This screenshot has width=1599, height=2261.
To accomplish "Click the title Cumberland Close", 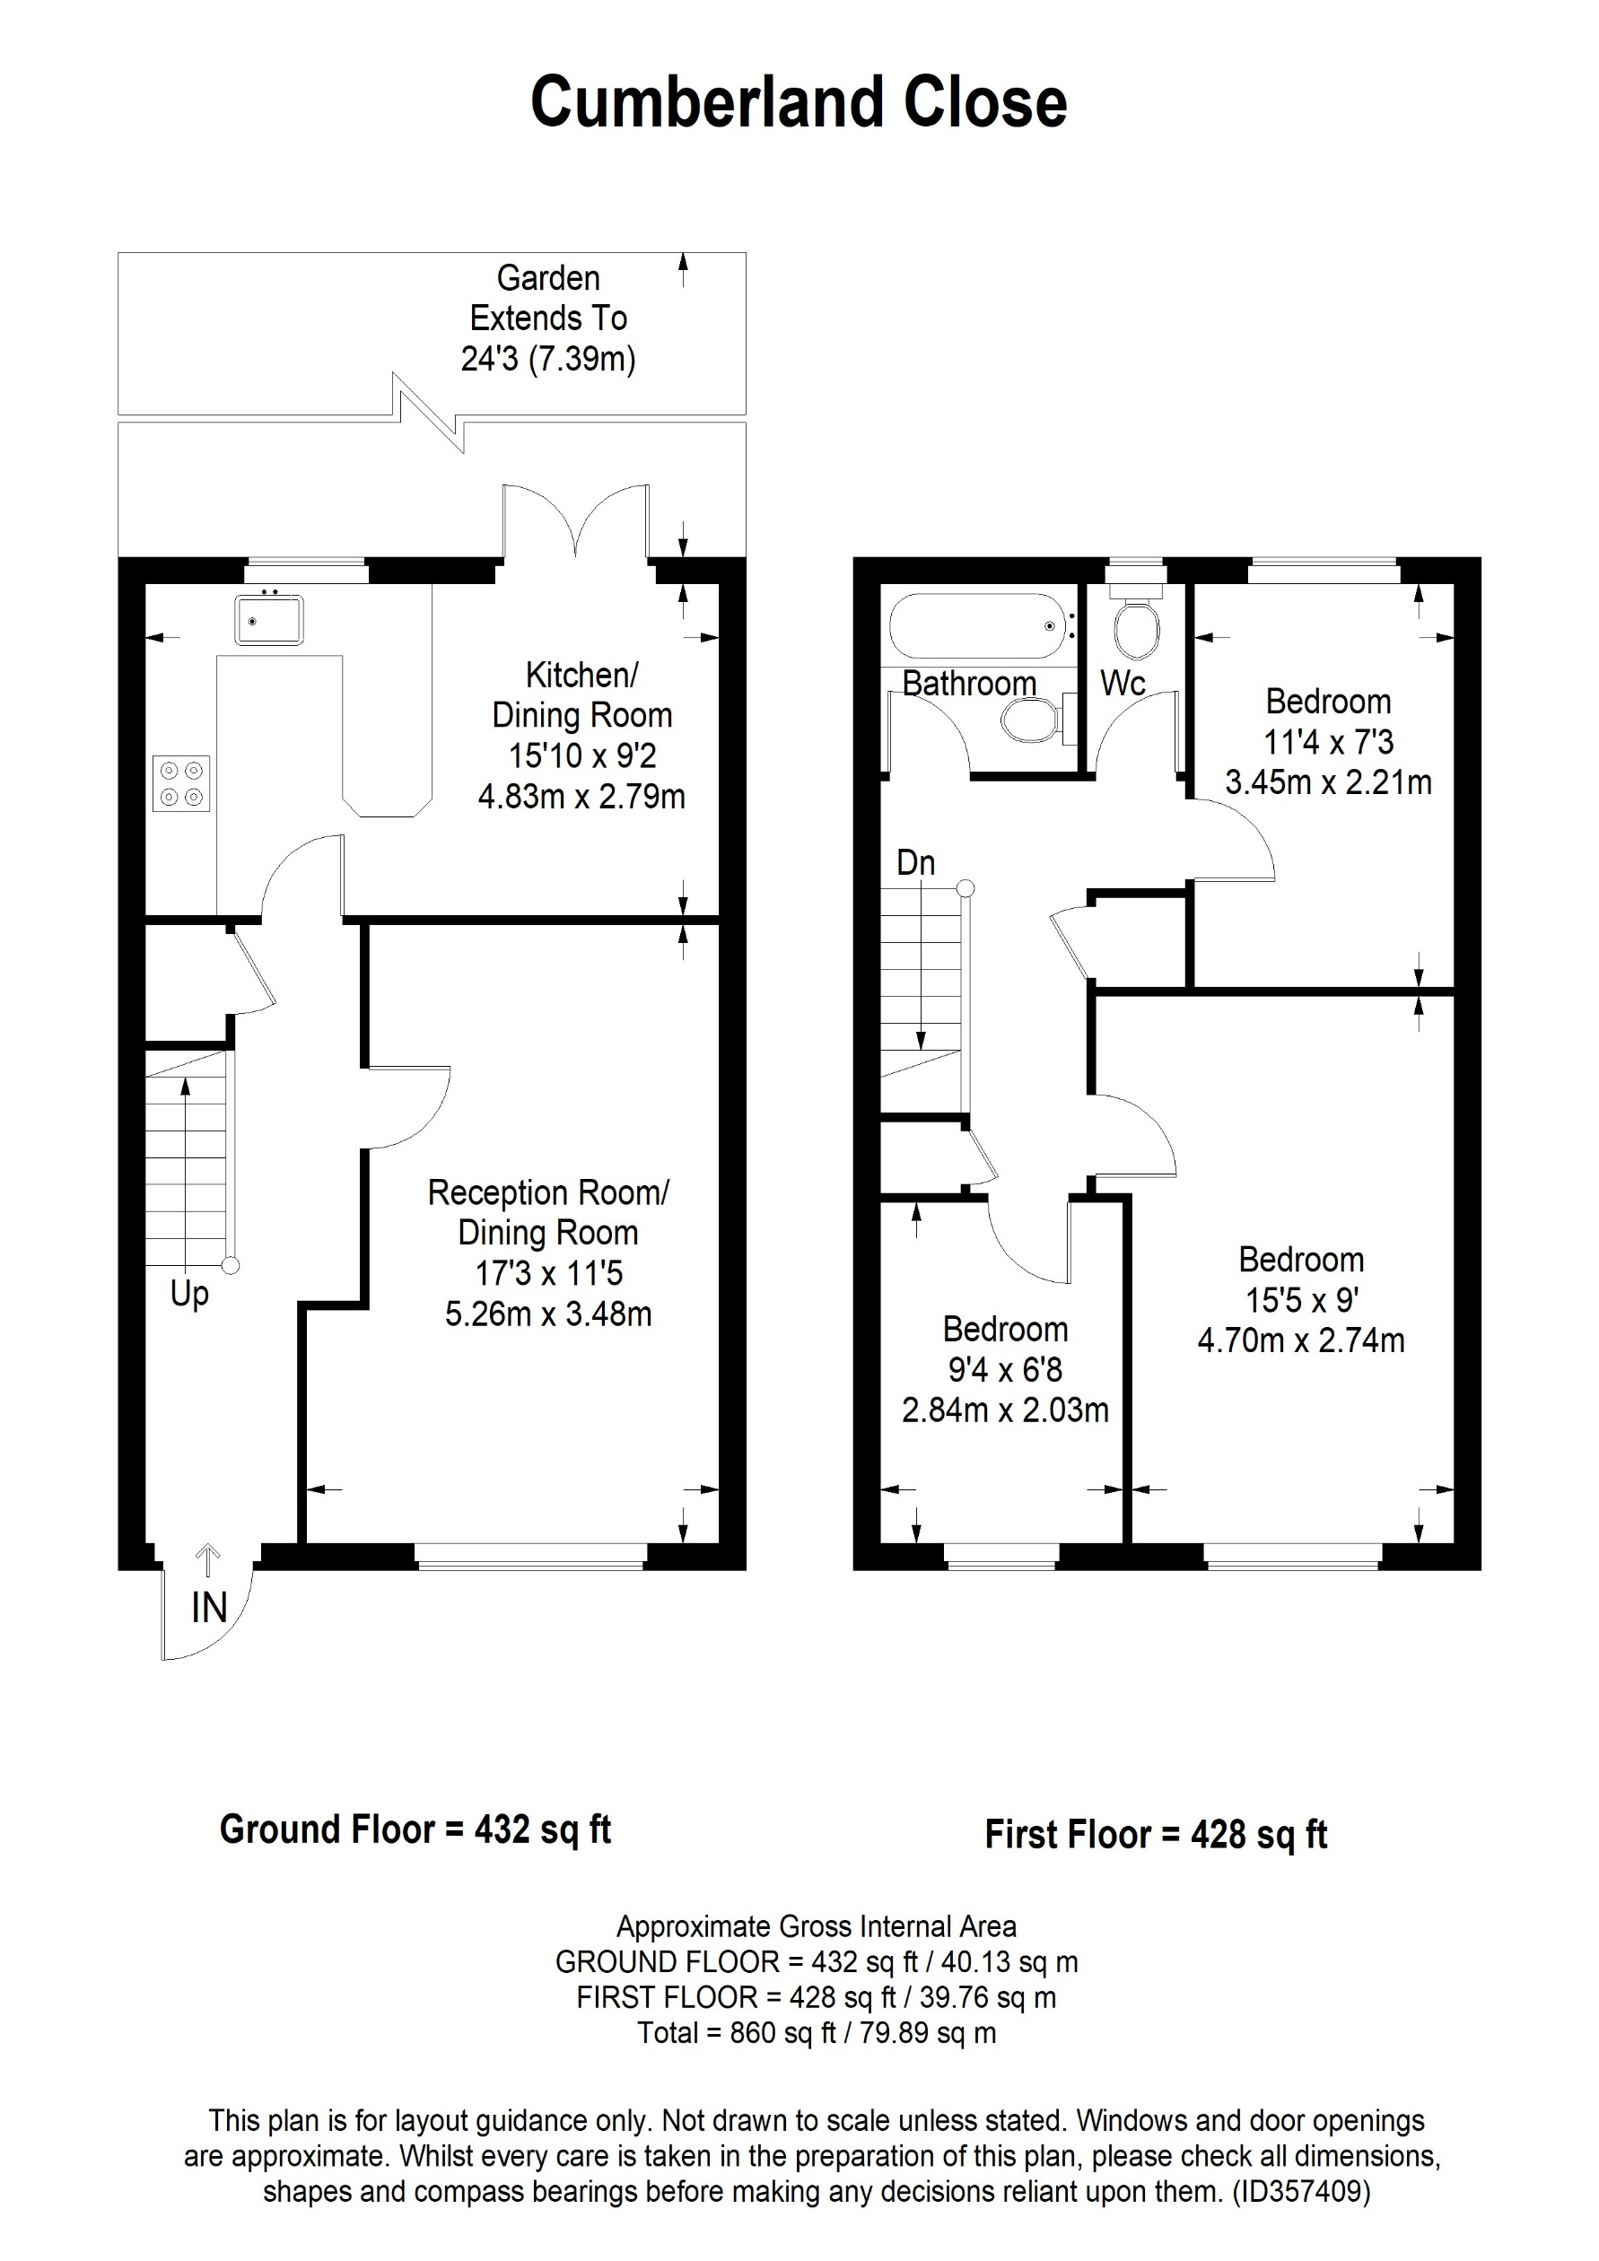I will pos(799,102).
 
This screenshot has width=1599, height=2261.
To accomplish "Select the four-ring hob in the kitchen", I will pos(181,783).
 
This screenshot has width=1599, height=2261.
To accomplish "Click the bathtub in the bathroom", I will pos(977,625).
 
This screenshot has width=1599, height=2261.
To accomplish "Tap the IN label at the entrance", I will pos(209,1608).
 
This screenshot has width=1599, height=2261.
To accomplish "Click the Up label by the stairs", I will pos(189,1293).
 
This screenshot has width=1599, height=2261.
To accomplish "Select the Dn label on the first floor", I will pos(915,862).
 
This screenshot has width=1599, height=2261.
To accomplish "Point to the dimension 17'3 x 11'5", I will pos(548,1273).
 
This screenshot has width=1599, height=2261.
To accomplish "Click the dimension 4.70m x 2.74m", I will pos(1301,1340).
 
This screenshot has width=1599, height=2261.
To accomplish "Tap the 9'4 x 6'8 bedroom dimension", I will pos(1004,1370).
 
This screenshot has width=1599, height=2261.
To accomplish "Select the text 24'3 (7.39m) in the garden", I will pos(548,359).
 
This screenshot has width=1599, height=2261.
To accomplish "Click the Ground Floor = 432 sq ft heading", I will pos(415,1829).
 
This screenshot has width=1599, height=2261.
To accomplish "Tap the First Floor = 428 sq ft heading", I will pos(1156,1834).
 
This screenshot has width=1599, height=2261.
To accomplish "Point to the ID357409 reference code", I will pos(1301,2192).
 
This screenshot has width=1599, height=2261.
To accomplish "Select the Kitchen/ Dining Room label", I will pos(581,695).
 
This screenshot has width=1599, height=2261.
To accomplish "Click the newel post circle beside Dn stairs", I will pos(966,888).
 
